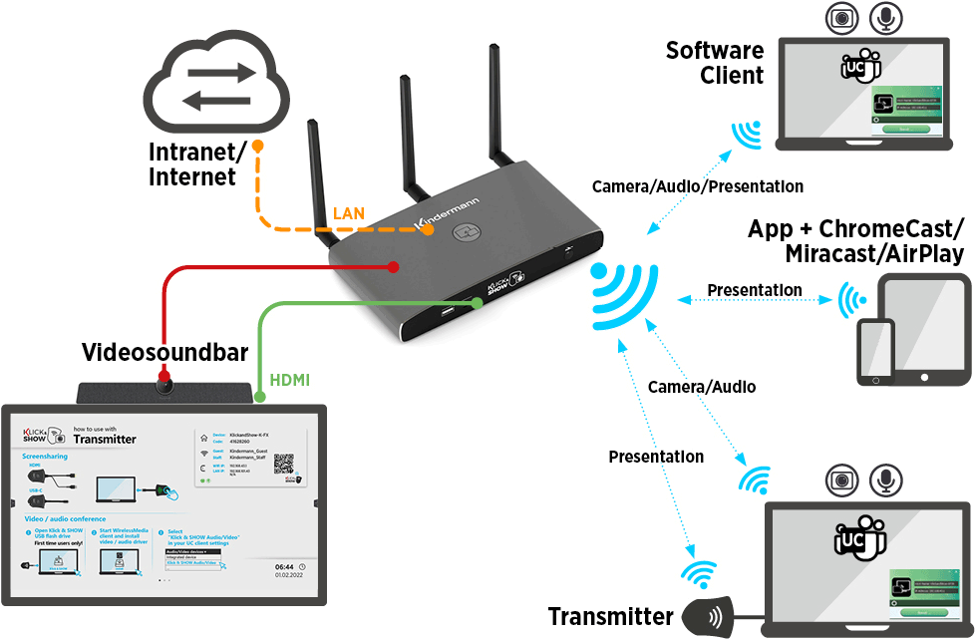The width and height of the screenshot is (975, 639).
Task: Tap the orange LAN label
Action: click(x=349, y=212)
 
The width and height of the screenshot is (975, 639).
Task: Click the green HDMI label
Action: click(x=289, y=380)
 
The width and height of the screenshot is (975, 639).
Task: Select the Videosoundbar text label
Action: click(x=151, y=352)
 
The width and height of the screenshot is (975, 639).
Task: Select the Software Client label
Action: click(x=715, y=62)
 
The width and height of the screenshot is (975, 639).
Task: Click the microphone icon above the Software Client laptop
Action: click(x=885, y=17)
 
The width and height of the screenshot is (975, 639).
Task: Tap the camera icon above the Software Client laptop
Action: click(x=841, y=17)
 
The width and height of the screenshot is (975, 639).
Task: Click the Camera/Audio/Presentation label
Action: click(x=697, y=186)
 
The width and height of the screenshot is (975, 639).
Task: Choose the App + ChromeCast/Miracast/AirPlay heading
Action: click(x=855, y=240)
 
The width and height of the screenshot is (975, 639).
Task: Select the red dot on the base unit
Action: click(x=395, y=266)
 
